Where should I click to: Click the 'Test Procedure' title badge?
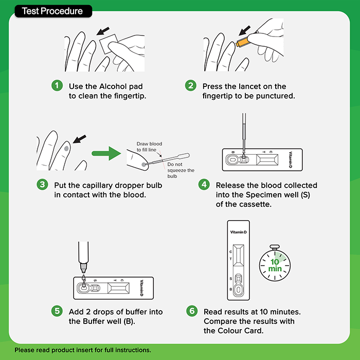pyautogui.click(x=53, y=11)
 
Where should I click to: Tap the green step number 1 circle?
pyautogui.click(x=57, y=86)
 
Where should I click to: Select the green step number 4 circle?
pyautogui.click(x=204, y=185)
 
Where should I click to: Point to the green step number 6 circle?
pyautogui.click(x=192, y=311)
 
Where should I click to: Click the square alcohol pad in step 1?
pyautogui.click(x=108, y=44)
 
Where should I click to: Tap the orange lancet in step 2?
pyautogui.click(x=242, y=42)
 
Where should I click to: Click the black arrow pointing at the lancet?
pyautogui.click(x=244, y=30)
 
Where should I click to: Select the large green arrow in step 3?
pyautogui.click(x=106, y=153)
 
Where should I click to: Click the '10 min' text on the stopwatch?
pyautogui.click(x=275, y=265)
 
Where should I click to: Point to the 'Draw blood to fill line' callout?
pyautogui.click(x=149, y=147)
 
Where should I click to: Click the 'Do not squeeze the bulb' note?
pyautogui.click(x=181, y=170)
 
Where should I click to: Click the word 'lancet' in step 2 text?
pyautogui.click(x=256, y=86)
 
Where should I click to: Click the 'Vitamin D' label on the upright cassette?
pyautogui.click(x=238, y=232)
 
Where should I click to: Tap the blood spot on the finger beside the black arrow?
pyautogui.click(x=66, y=149)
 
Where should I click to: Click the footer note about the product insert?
pyautogui.click(x=83, y=350)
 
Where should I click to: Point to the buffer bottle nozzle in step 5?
pyautogui.click(x=83, y=267)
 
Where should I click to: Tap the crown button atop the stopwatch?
pyautogui.click(x=275, y=247)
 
